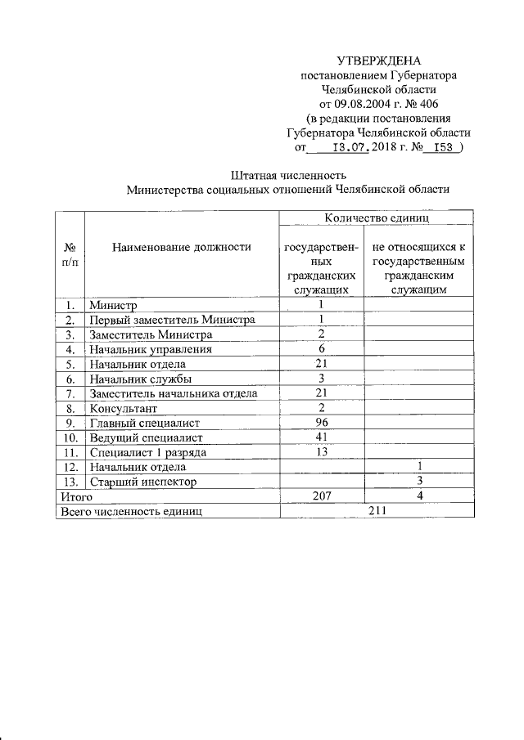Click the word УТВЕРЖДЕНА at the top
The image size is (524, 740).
(x=378, y=61)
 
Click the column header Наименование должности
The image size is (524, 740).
(x=182, y=245)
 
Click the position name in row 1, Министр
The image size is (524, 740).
(x=111, y=305)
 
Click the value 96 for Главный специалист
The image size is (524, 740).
(x=322, y=423)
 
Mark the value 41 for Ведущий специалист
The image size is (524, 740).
(x=322, y=437)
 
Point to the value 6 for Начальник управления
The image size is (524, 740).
(x=322, y=349)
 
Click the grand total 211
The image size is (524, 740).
(x=376, y=511)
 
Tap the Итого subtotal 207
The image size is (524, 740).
(x=322, y=496)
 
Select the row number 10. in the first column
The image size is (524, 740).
(x=70, y=437)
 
